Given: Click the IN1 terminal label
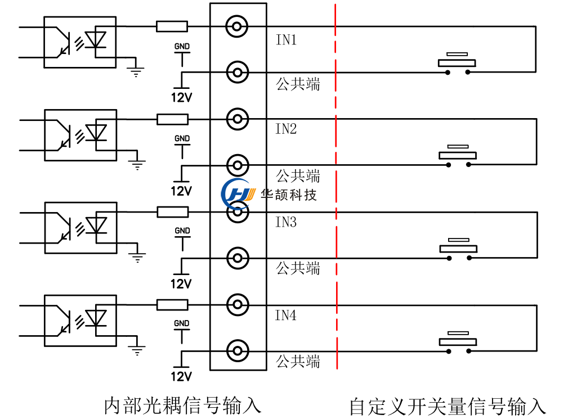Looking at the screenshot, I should point(285,40).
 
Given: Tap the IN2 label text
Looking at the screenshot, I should point(285,129).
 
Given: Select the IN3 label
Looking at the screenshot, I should point(285,222).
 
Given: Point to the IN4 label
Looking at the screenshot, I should point(285,315).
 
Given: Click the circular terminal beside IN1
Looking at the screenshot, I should point(237,26).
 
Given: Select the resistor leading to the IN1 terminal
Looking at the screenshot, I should point(172,26).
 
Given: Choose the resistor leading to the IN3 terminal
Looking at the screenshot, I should point(172,211).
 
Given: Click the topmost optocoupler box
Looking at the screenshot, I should point(80,43).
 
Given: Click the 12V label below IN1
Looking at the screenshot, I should point(181,98).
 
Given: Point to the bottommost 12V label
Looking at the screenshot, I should point(181,376).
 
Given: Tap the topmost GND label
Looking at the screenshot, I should point(182,46).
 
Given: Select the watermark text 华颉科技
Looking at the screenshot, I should point(289,195).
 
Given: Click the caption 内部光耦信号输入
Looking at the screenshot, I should point(183,406).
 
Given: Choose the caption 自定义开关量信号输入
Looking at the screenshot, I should point(448,406).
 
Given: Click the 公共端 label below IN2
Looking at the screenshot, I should point(298,176).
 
